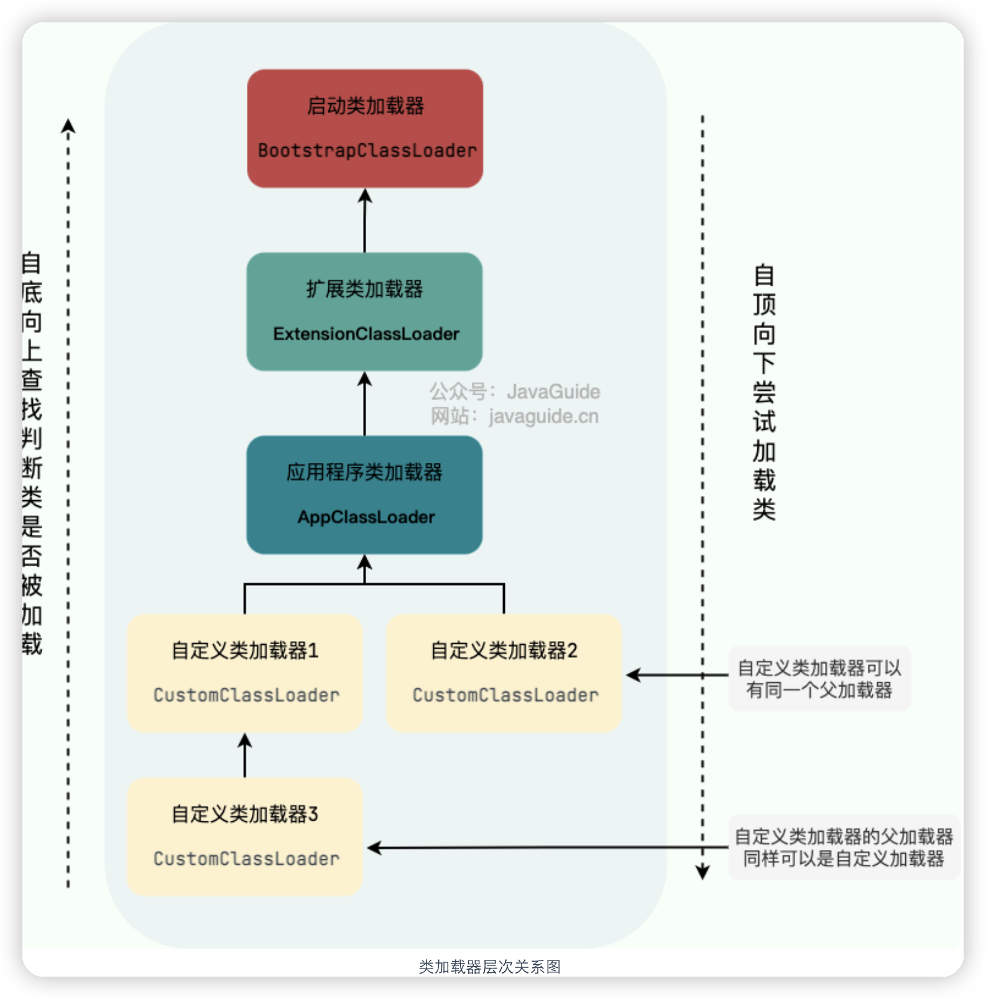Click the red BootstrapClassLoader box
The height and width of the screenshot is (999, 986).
365,129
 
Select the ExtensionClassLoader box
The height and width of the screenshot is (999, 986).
364,311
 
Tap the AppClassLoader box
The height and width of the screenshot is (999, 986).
364,495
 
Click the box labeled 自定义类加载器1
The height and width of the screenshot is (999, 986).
245,673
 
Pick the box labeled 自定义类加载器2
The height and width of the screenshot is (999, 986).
504,673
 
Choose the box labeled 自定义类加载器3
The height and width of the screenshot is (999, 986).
245,836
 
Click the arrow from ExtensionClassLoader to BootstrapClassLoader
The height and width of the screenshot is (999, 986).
365,221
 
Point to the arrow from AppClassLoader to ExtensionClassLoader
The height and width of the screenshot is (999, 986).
365,404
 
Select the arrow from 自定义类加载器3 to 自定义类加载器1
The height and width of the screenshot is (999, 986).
245,755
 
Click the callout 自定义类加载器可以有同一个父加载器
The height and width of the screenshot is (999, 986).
819,678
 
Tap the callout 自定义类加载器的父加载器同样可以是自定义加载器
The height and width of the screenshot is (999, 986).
843,847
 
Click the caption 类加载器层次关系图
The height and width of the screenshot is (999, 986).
490,967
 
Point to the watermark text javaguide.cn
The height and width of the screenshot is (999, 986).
543,416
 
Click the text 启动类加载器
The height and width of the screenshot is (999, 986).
366,106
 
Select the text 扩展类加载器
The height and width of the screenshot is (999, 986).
365,289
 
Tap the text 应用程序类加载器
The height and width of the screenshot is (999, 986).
365,472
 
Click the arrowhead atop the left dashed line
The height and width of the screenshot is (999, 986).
68,126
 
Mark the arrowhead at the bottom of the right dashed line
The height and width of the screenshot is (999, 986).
703,872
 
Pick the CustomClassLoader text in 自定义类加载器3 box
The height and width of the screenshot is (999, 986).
246,859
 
